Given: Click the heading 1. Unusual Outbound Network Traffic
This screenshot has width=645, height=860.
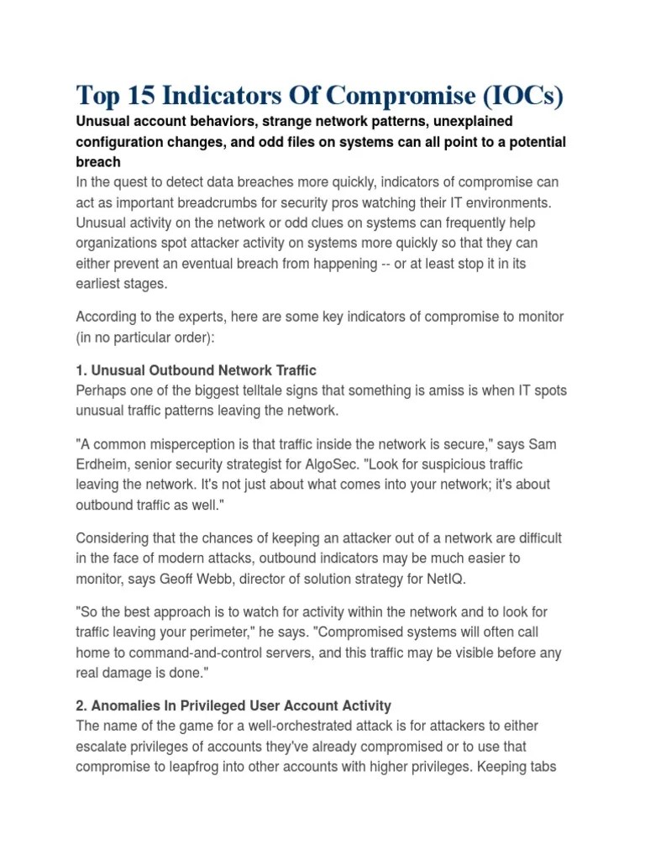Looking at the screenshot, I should (x=196, y=370).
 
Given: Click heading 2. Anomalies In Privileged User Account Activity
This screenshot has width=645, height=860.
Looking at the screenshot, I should (x=233, y=706).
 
